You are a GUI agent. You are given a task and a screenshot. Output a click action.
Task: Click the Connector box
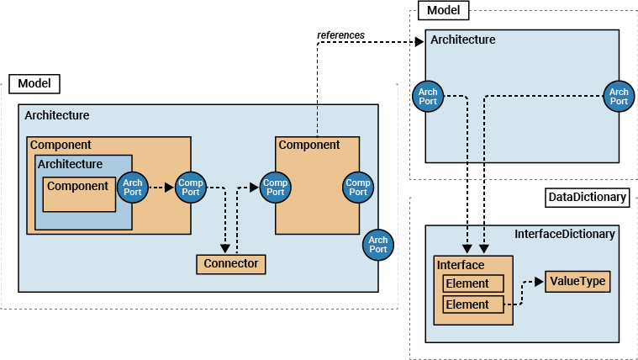click(x=231, y=264)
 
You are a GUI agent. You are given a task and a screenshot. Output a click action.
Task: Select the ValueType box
click(x=577, y=281)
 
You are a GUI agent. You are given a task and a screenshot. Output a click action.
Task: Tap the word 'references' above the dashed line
click(x=340, y=34)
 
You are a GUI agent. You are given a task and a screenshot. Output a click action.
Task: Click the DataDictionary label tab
click(x=587, y=198)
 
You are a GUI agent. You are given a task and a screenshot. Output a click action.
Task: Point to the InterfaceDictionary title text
click(x=564, y=234)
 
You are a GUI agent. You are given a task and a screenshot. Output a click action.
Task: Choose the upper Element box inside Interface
click(x=473, y=283)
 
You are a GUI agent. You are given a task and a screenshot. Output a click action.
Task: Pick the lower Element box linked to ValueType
click(x=473, y=304)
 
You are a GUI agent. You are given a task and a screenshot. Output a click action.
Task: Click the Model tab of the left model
click(x=34, y=83)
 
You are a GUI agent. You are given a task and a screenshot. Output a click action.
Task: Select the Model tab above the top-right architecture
click(x=443, y=10)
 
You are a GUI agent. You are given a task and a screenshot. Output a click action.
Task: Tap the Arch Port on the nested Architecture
click(x=133, y=188)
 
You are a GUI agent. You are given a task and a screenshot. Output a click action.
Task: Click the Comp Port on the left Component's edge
click(x=190, y=188)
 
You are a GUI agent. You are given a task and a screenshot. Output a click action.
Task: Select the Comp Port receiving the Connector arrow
click(x=275, y=188)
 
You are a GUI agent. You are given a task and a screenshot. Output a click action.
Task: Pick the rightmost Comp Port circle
click(x=358, y=188)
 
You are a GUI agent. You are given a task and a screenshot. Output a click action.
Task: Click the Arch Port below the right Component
click(x=378, y=245)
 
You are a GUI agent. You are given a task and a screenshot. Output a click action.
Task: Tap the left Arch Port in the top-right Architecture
click(x=428, y=97)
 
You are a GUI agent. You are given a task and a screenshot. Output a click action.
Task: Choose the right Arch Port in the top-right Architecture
click(x=619, y=97)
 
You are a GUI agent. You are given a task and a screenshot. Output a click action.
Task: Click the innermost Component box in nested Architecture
click(x=79, y=194)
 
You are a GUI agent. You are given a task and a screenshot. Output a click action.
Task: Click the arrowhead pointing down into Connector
click(x=224, y=249)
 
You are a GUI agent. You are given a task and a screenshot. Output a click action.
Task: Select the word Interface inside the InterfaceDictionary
click(x=461, y=265)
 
